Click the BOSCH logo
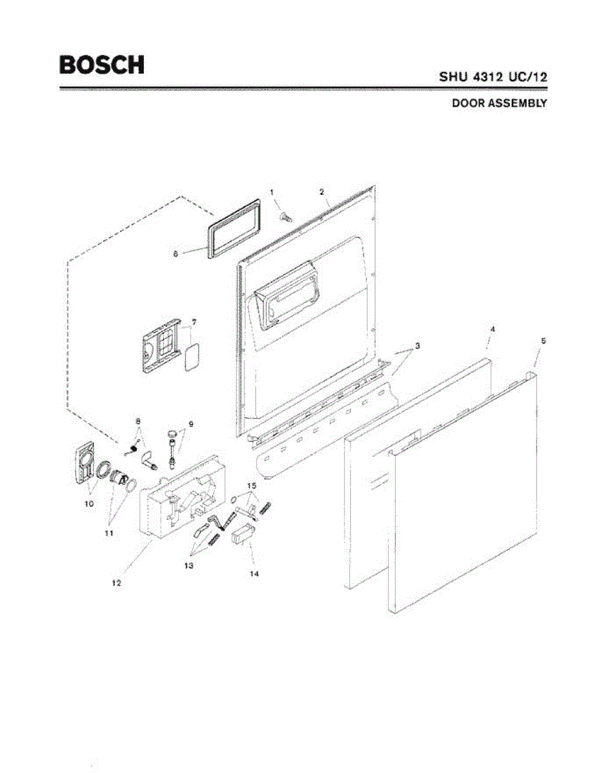click(102, 65)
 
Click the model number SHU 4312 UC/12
click(494, 76)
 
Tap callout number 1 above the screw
click(272, 192)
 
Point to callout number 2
click(321, 192)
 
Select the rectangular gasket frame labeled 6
click(236, 230)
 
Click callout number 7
click(194, 321)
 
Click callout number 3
click(418, 346)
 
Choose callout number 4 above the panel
click(492, 329)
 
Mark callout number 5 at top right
click(543, 340)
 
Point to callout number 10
click(90, 502)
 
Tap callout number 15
click(251, 485)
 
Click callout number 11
click(109, 533)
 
